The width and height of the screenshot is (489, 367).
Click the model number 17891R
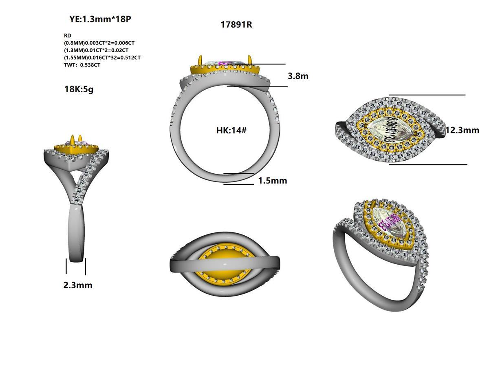236,24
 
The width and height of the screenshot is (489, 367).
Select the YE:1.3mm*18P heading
100,19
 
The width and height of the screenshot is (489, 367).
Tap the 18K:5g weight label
79,89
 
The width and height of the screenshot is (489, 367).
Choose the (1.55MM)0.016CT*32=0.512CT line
102,57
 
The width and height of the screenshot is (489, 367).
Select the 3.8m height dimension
298,76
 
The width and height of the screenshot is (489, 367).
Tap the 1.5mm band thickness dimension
272,181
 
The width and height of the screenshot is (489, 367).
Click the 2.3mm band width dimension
77,285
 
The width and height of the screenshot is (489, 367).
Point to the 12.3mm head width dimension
462,130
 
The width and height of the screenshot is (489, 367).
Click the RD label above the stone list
67,36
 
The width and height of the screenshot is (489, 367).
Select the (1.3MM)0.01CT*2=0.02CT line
96,50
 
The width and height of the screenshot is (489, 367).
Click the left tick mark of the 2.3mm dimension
66,266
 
